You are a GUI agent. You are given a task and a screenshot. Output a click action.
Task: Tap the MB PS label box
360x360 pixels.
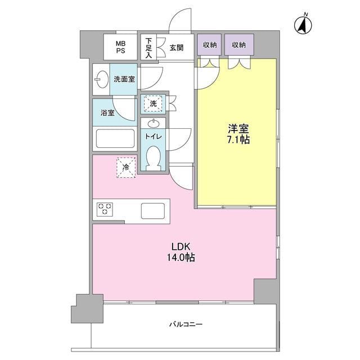(x=121, y=47)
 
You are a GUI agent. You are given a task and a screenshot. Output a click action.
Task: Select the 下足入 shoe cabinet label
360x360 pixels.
(x=148, y=47)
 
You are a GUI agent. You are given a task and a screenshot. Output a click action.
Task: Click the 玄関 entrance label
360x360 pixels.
(x=177, y=48)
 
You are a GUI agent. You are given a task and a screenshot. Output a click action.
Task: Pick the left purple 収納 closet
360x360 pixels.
(x=209, y=45)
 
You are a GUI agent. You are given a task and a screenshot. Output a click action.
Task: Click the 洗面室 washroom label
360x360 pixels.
(x=124, y=79)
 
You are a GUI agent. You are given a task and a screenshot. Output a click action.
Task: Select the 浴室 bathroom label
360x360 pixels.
(x=107, y=113)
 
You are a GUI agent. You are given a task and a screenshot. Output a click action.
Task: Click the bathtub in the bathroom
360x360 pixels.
(x=115, y=138)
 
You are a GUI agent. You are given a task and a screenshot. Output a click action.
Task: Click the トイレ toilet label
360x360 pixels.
(x=154, y=136)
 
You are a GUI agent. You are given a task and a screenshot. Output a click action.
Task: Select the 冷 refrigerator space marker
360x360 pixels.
(x=126, y=166)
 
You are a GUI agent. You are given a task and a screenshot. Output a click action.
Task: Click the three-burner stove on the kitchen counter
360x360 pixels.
(x=105, y=210)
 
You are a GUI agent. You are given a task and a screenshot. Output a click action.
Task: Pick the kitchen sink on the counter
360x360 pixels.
(x=153, y=210)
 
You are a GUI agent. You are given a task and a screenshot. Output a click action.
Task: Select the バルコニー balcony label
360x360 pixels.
(x=185, y=325)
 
